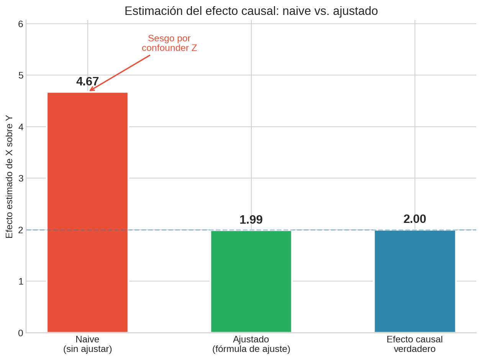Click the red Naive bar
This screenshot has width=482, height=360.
(x=87, y=212)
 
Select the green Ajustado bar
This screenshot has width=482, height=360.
(x=251, y=281)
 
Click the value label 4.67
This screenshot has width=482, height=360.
(x=87, y=82)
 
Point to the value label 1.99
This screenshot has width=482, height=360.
(x=251, y=220)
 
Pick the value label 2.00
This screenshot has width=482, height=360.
(x=415, y=219)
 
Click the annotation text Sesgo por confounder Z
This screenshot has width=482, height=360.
(x=169, y=43)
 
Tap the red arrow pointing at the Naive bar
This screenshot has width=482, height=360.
(x=120, y=73)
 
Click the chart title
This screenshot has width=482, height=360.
(x=251, y=11)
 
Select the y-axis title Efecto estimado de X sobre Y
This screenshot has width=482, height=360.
(x=9, y=177)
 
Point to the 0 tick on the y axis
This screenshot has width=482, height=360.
(x=21, y=333)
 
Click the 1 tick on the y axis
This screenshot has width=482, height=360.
(x=21, y=281)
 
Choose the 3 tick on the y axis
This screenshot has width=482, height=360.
(x=21, y=178)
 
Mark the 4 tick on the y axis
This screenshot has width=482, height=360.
(x=21, y=127)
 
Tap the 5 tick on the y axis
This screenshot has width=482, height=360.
(x=21, y=75)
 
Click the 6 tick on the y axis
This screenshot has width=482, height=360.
(x=21, y=24)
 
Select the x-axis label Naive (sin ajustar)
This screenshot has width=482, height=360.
(x=87, y=344)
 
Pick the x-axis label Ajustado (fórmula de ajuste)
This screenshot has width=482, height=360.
(x=251, y=344)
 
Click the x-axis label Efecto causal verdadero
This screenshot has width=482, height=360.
(x=415, y=344)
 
